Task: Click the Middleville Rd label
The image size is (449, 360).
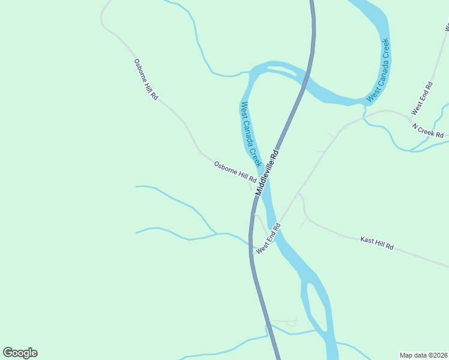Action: click(268, 172)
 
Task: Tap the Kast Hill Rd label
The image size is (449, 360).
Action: click(377, 243)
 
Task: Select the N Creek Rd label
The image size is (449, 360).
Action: click(428, 130)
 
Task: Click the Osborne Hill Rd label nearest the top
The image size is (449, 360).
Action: click(146, 79)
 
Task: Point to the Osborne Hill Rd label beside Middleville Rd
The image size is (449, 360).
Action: click(235, 172)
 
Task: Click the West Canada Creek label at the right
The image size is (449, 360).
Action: click(379, 70)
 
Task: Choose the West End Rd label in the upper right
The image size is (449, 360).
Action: click(421, 98)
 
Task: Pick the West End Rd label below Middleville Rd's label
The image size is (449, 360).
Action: click(268, 238)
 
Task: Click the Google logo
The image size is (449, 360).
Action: click(20, 353)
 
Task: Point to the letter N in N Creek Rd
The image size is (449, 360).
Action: click(415, 126)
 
